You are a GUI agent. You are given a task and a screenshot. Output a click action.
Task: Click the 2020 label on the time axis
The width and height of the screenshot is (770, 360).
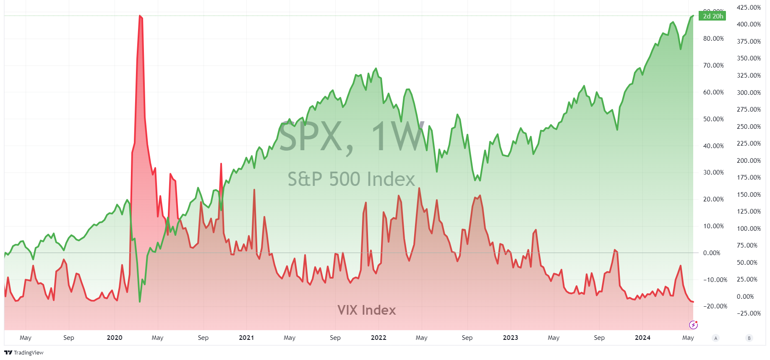(x=115, y=338)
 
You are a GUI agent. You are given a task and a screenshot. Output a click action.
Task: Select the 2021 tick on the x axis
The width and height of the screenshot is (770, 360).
(x=246, y=338)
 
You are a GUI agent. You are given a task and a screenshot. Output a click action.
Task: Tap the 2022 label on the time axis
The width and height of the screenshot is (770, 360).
(x=378, y=338)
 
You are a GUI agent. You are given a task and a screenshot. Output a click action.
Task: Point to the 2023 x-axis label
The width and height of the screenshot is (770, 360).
(x=510, y=338)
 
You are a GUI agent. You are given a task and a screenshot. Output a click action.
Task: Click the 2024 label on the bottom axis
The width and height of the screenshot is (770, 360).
(x=642, y=338)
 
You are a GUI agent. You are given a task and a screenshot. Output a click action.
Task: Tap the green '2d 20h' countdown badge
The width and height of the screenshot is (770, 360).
(x=713, y=16)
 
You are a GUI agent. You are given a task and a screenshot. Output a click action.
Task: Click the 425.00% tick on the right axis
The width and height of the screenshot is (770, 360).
(x=749, y=8)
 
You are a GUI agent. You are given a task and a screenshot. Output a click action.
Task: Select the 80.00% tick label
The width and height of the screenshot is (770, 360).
(x=713, y=39)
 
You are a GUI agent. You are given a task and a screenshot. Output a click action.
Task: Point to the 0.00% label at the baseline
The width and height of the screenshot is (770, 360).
(x=712, y=253)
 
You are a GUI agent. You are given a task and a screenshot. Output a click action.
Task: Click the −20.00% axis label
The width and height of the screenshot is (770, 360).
(x=715, y=306)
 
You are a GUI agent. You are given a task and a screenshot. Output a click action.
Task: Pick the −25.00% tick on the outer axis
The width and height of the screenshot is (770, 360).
(x=749, y=313)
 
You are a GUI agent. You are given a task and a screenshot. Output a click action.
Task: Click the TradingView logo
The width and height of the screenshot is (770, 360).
(x=24, y=352)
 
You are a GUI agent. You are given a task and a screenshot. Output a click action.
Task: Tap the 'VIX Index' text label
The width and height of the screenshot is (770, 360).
(x=367, y=310)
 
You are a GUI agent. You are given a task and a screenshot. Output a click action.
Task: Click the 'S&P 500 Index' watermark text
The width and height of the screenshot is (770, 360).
(x=351, y=179)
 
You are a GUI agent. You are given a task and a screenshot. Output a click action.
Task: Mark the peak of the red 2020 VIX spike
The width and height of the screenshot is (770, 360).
(x=140, y=16)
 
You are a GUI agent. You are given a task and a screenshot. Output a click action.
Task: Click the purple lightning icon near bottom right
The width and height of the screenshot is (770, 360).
(x=693, y=325)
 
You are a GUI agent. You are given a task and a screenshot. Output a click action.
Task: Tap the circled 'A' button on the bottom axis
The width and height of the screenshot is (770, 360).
(x=716, y=338)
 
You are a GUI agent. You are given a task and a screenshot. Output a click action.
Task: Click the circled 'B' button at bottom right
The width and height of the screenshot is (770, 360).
(x=749, y=338)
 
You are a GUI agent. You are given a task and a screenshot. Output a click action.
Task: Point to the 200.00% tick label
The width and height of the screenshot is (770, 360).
(x=749, y=161)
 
